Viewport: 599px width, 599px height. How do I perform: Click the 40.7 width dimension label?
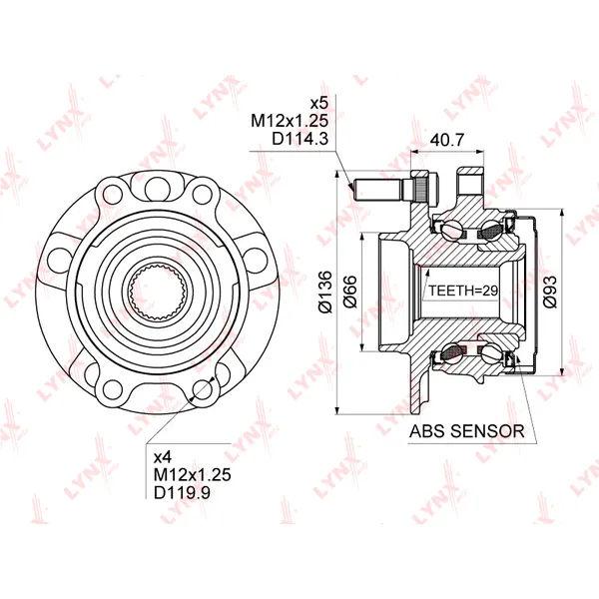tap(447, 140)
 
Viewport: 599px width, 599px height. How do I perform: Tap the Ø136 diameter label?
tap(325, 293)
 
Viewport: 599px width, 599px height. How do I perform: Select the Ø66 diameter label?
tap(350, 292)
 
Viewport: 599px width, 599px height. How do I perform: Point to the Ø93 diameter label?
tap(550, 292)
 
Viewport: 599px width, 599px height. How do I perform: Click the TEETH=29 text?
tap(463, 291)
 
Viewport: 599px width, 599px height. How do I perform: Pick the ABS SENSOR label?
tap(466, 431)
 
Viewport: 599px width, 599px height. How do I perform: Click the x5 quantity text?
tap(319, 103)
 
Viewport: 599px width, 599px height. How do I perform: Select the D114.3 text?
tap(299, 139)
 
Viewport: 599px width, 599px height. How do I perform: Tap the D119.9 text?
tap(182, 492)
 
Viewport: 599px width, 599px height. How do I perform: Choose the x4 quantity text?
tap(163, 457)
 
